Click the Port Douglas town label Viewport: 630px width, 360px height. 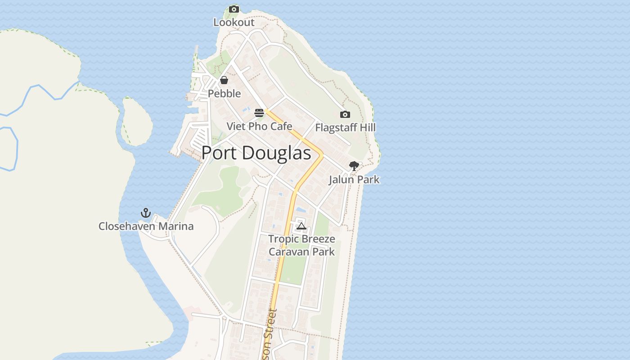coord(256,153)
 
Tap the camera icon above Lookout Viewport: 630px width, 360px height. coord(234,9)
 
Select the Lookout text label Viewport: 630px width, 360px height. coord(234,22)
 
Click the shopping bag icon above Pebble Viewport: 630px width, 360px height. coord(224,80)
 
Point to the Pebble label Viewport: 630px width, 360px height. coord(224,94)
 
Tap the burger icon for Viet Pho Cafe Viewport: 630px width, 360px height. coord(259,112)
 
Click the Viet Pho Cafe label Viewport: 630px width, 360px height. coord(259,126)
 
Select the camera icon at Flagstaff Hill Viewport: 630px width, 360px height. coord(345,114)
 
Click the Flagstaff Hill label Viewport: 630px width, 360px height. coord(345,128)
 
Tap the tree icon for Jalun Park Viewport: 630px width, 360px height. coord(354,166)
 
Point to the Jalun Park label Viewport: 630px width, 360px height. coord(354,180)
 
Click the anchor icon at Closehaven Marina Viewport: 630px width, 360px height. coord(145,212)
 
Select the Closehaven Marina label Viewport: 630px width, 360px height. coord(146,226)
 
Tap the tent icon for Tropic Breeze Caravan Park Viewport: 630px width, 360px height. coord(301,225)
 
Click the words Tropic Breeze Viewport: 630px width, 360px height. coord(301,238)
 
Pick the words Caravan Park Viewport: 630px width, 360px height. coord(301,252)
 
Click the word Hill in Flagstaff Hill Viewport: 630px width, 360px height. coord(367,128)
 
